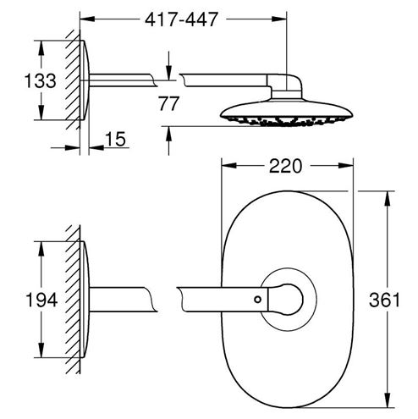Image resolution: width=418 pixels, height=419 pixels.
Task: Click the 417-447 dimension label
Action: click(x=181, y=19)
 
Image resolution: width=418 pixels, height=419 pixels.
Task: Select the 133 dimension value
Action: click(x=40, y=80)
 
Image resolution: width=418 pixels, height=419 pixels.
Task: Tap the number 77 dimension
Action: click(x=168, y=103)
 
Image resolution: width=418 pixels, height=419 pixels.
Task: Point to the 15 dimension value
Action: click(x=115, y=139)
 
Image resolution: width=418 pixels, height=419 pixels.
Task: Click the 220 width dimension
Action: click(x=285, y=166)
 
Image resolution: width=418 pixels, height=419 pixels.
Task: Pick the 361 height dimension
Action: click(x=384, y=300)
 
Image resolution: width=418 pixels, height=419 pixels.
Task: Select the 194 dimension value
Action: click(x=41, y=300)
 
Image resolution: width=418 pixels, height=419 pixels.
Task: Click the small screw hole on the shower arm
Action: click(x=257, y=300)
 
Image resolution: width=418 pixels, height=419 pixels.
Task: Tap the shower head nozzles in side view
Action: click(x=286, y=121)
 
